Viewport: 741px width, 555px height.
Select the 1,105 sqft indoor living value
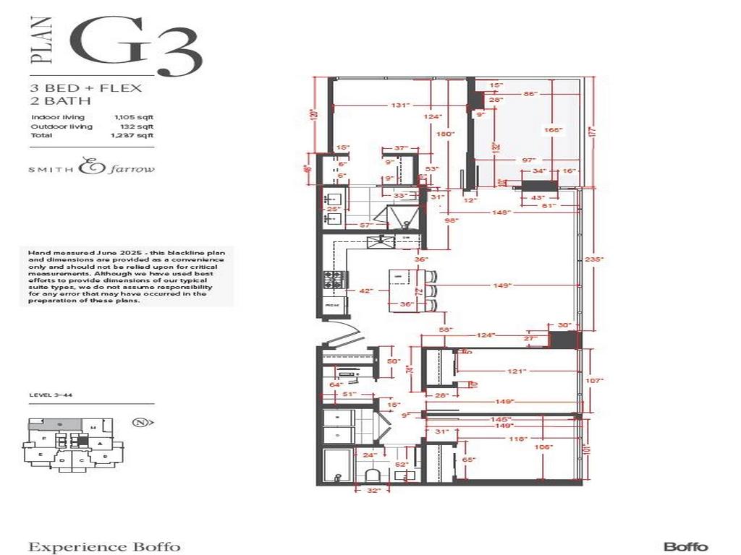(132, 117)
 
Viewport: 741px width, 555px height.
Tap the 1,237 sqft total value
(132, 135)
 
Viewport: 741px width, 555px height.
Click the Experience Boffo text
(103, 546)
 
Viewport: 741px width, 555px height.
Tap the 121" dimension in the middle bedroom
(515, 371)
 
